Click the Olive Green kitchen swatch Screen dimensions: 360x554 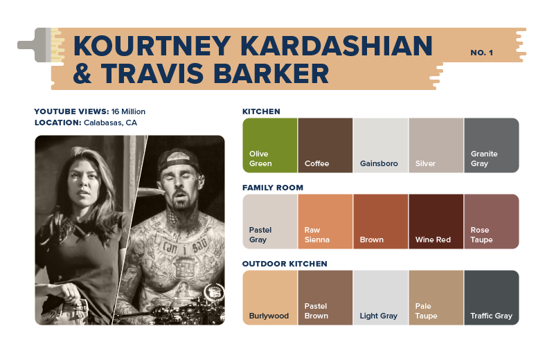pos(269,145)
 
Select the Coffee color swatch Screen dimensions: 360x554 pos(325,145)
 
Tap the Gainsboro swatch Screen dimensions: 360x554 pos(380,145)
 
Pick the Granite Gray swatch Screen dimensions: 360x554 pos(491,145)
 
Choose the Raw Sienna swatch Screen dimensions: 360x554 pos(325,221)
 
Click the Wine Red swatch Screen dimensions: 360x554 pos(436,221)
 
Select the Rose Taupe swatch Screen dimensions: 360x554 pos(491,221)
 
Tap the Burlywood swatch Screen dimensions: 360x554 pos(269,297)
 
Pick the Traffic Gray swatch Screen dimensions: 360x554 pos(491,297)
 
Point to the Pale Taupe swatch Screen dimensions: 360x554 pos(436,297)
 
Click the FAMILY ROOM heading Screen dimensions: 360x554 pos(273,188)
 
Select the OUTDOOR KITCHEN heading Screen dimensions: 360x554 pos(285,264)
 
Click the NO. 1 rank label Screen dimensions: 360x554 pos(481,53)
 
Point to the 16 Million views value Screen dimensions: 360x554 pos(128,111)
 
